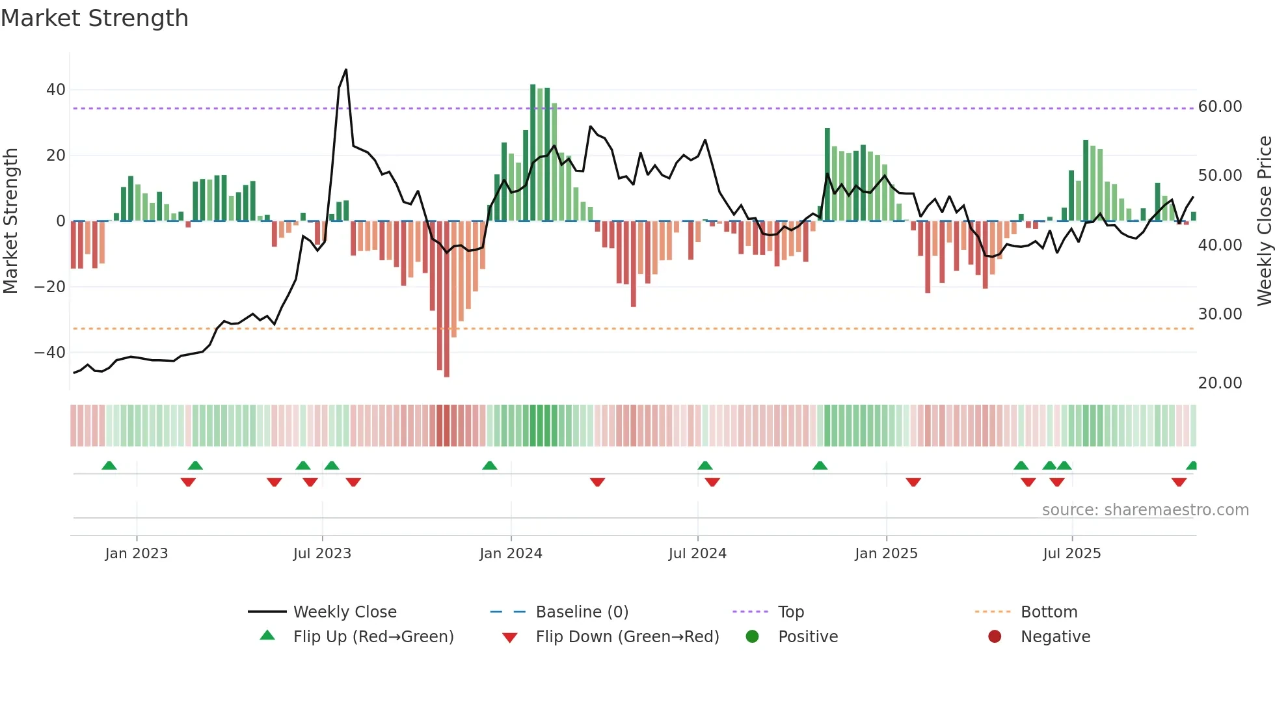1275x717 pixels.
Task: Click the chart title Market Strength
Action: coord(94,18)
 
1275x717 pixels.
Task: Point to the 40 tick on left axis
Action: coord(56,90)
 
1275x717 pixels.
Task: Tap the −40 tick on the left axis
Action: coord(51,353)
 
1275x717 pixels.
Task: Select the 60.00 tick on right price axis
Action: coord(1220,107)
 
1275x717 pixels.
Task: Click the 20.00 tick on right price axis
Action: coord(1220,383)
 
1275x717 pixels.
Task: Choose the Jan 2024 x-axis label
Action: coord(511,554)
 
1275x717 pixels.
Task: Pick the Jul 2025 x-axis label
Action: coord(1071,554)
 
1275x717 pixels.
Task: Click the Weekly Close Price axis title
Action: coord(1264,221)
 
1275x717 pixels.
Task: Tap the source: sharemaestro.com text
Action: coord(1145,510)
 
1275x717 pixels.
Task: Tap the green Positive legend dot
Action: coord(752,637)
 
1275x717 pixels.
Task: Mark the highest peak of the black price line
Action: coord(346,70)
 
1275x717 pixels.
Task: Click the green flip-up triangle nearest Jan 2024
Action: coord(490,466)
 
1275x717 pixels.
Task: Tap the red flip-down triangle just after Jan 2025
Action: coord(913,482)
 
